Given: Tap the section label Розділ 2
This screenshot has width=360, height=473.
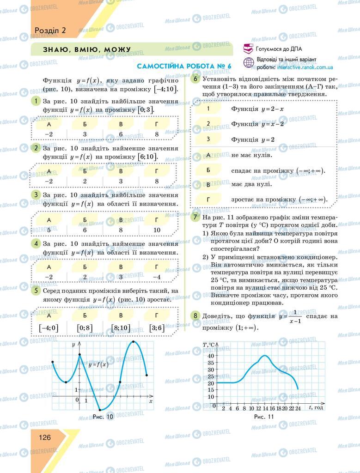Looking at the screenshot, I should (x=50, y=30).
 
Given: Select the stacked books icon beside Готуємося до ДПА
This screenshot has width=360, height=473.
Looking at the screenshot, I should (x=248, y=49).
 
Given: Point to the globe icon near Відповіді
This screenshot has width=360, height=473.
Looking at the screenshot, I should (x=249, y=63).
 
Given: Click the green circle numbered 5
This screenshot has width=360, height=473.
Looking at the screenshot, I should (x=36, y=291).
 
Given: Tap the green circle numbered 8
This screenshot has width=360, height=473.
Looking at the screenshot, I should (x=196, y=316).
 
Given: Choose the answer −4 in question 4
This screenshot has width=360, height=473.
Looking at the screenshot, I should (x=157, y=277).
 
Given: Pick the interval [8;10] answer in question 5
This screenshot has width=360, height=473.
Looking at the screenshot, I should (x=121, y=328).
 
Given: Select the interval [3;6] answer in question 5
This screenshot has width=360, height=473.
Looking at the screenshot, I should (x=157, y=328).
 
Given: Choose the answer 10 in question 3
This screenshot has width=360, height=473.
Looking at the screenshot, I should (x=157, y=230).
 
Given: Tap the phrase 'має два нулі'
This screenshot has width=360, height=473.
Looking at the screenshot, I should (x=251, y=184).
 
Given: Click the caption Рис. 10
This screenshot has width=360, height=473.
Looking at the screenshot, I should (x=103, y=416).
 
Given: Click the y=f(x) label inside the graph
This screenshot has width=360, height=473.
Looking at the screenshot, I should (x=98, y=365).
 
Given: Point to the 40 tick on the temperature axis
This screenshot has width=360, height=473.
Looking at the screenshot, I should (x=211, y=355).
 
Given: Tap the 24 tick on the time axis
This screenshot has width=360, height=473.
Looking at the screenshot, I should (x=298, y=408).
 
